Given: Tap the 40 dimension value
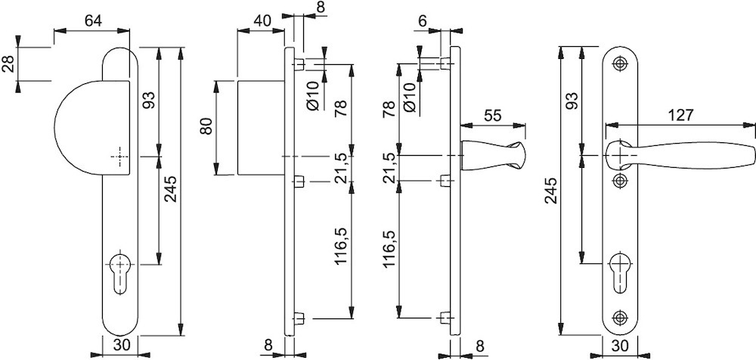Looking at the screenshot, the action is tap(262, 21).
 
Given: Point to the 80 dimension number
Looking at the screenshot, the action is tap(206, 127).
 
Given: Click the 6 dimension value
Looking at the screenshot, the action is tap(423, 21).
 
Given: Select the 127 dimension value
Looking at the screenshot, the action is tap(681, 115).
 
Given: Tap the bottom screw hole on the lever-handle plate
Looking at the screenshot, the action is tap(620, 318).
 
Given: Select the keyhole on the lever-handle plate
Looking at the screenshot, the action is tap(620, 272).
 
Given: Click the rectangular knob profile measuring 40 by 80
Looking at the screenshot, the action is tap(261, 128).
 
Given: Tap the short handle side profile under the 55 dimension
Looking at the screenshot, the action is tap(493, 156).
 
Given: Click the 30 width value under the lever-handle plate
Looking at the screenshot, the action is tap(621, 346).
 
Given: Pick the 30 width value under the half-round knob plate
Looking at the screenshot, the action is tap(121, 346).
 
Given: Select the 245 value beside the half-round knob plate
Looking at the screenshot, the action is tap(171, 190).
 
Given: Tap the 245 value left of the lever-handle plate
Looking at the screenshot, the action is tap(552, 190).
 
